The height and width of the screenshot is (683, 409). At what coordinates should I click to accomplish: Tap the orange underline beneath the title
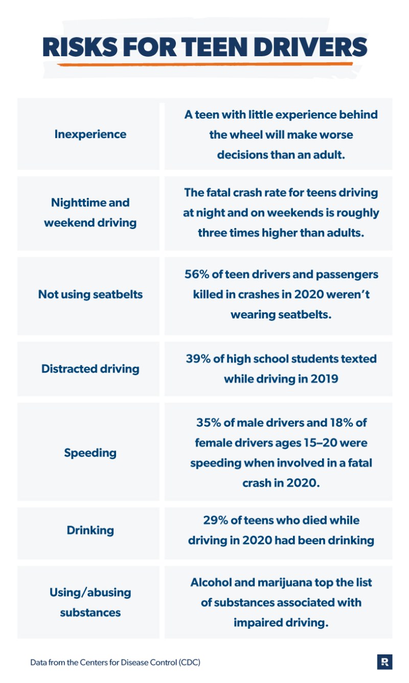[204, 64]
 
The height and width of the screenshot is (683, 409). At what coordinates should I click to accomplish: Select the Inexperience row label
[90, 134]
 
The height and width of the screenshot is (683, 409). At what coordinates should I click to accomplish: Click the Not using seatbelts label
[90, 294]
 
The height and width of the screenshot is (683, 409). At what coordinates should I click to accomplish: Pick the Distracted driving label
[90, 369]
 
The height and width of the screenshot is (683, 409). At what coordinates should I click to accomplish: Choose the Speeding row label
[90, 453]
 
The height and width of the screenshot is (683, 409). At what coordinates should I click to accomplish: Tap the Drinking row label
[90, 531]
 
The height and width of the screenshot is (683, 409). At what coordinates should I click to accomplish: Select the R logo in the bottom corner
[384, 662]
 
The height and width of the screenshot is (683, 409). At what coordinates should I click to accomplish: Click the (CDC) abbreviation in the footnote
[190, 662]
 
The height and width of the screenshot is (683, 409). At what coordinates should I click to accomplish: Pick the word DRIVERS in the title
[310, 47]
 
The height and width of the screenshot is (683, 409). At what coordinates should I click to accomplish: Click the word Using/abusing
[90, 593]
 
